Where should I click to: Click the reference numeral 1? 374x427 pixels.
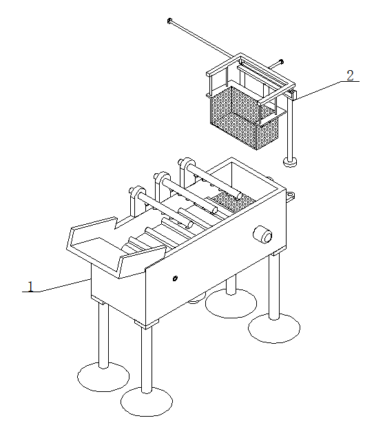pos(31,287)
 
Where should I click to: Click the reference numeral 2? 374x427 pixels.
pos(350,76)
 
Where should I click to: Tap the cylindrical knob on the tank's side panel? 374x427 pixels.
pos(262,234)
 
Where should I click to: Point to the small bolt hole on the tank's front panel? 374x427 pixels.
pos(175,278)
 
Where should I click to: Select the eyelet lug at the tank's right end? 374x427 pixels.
pos(290,196)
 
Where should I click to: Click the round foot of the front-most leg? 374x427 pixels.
pos(147,402)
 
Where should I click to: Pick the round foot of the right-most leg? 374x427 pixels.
pos(274,328)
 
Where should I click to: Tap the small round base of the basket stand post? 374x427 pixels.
pos(290,162)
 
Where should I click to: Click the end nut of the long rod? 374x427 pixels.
pos(169,21)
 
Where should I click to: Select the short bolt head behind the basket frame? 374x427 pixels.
pos(281,62)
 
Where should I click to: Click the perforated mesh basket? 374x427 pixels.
pos(245,118)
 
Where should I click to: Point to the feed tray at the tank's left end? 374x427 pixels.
pos(114,246)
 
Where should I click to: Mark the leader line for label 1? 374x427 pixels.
pos(56,285)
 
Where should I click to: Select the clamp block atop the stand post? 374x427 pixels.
pos(293,95)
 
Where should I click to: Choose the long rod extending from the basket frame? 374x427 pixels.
pos(201,39)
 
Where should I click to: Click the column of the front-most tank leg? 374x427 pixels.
pos(147,360)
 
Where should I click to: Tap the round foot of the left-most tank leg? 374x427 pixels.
pos(103,377)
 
